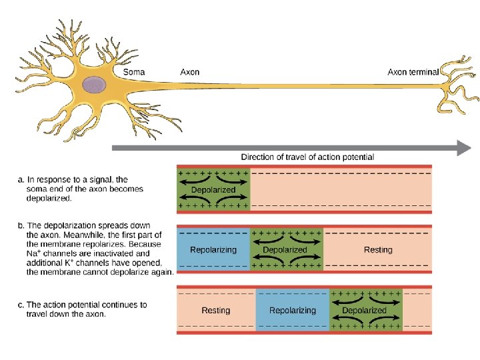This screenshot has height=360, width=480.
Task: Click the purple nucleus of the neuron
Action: (95, 85)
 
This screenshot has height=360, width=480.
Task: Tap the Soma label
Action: (133, 72)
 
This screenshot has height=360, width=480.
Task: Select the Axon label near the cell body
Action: (189, 72)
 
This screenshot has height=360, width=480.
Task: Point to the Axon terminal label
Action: (413, 72)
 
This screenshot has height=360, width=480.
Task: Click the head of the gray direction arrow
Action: (463, 148)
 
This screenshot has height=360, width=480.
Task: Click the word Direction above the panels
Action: (258, 157)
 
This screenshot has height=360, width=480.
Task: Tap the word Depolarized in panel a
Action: (213, 189)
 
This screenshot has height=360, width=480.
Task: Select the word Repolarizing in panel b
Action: (213, 250)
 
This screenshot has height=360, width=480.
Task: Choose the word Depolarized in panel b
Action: (285, 250)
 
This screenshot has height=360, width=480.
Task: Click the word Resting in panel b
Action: (378, 250)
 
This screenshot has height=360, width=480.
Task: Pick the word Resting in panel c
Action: (215, 310)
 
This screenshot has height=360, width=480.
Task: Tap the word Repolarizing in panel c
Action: (292, 310)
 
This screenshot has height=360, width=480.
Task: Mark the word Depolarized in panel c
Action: (364, 310)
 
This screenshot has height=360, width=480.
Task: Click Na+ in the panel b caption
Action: (33, 253)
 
